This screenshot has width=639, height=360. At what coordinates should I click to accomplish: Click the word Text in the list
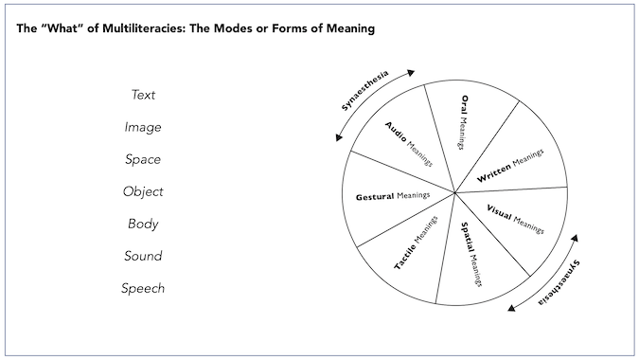click(143, 95)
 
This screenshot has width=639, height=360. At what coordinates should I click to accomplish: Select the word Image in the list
click(143, 127)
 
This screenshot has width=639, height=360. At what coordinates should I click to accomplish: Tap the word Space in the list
click(143, 159)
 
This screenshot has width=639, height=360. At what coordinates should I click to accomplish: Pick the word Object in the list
click(143, 191)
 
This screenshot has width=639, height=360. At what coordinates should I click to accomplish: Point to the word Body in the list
click(143, 224)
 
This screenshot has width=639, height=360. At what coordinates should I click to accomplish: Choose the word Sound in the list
click(143, 256)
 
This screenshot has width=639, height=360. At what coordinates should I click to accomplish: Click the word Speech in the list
click(143, 288)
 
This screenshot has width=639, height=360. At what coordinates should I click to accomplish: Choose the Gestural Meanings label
click(393, 196)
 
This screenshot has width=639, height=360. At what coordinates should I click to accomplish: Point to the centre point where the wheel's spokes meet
click(455, 193)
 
